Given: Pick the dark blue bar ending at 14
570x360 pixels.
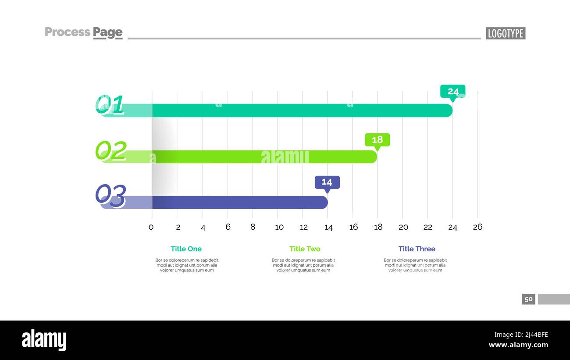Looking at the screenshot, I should point(239,202).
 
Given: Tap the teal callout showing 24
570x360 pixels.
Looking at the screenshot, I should point(453,92).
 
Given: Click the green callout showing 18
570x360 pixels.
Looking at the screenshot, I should point(377,140).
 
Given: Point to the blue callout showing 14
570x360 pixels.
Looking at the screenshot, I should point(327,182).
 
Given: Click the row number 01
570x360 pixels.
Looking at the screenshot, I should point(110,105).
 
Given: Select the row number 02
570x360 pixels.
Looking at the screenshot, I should point(110,150).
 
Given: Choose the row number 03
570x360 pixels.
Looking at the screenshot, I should point(110,196).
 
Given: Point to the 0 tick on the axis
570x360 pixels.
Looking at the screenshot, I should point(151,227).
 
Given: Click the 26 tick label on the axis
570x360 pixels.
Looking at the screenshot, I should point(477,227).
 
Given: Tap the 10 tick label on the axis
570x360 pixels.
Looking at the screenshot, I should point(279,227).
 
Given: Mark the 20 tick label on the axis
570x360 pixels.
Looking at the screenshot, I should point(403,227).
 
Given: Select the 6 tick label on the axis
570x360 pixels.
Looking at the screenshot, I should point(228,227).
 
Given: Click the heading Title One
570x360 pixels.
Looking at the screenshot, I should point(186,249).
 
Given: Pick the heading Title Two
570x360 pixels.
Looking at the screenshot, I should point(305,249).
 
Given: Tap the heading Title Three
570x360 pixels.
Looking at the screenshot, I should point(417,249).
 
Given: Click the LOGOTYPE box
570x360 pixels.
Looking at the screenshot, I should point(506,33).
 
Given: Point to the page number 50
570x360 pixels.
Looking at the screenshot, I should point(528,299).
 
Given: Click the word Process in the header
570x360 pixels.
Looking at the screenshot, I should point(68,32).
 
